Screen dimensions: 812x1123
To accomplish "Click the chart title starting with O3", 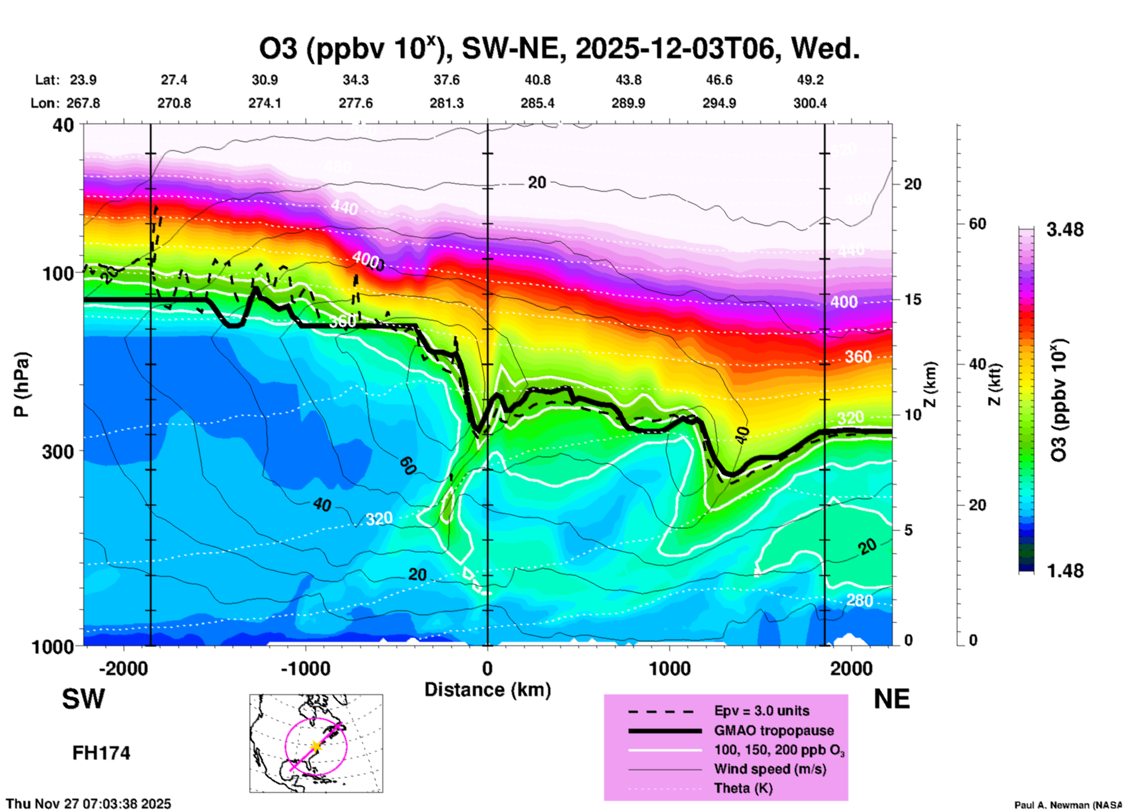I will [x=559, y=49].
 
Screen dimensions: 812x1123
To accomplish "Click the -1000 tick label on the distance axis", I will [x=306, y=668].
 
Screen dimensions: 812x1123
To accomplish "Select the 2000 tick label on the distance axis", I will [x=851, y=668].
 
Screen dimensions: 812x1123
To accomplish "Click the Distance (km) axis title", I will [x=487, y=690].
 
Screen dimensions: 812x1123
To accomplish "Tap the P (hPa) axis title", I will [x=21, y=384].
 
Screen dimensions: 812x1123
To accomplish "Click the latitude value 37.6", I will [x=447, y=80].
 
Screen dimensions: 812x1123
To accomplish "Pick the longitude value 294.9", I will [x=719, y=103].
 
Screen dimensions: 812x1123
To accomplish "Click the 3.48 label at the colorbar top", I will [x=1065, y=230].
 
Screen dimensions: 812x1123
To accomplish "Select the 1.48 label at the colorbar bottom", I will [x=1065, y=570].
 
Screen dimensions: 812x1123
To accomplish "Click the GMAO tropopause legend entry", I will [x=774, y=730].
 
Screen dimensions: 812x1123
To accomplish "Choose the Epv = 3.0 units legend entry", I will [x=761, y=711].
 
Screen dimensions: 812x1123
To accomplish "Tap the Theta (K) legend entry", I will [x=743, y=788].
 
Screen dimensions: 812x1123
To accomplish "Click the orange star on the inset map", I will [x=315, y=746].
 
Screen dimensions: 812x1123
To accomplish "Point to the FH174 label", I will [x=101, y=753].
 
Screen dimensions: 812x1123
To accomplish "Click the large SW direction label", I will [x=83, y=699].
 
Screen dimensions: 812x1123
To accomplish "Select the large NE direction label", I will [x=892, y=699].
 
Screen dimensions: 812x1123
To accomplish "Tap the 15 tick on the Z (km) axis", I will [x=913, y=299].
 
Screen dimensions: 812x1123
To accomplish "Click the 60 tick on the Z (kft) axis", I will [x=977, y=224].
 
